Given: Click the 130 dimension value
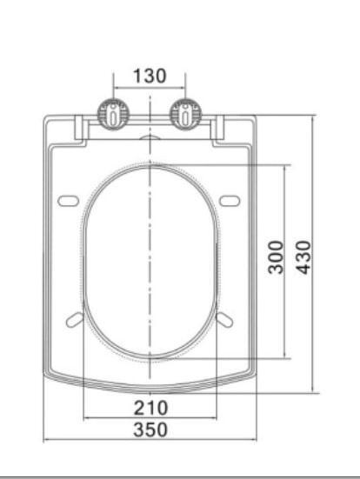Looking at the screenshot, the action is click(150, 76).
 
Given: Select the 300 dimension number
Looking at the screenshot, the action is click(276, 257).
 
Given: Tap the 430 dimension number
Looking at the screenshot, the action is click(303, 257).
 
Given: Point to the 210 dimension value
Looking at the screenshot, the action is click(151, 408).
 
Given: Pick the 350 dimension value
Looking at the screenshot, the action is click(150, 429).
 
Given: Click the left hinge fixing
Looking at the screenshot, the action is click(113, 114).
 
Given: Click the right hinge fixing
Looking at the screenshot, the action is click(185, 114).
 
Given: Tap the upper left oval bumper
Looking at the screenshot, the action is click(69, 201).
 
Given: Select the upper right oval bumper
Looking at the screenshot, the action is click(230, 201).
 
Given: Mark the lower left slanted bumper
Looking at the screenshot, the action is click(75, 320).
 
